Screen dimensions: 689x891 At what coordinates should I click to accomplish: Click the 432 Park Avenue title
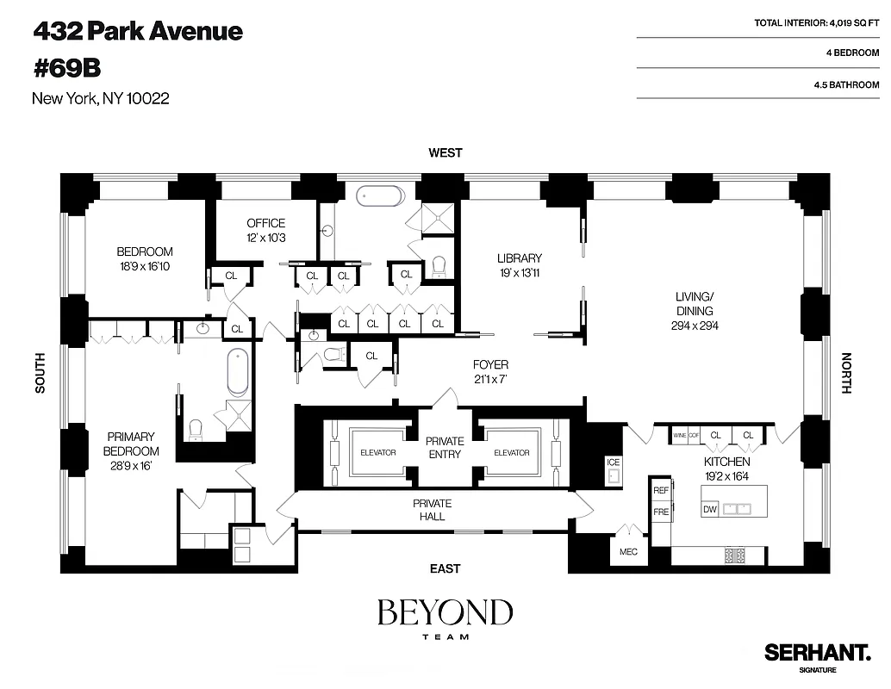138,32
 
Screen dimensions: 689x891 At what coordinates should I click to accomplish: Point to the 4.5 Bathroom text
846,85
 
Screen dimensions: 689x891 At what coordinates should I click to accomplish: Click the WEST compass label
445,152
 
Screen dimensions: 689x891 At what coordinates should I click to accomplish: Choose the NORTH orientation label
845,373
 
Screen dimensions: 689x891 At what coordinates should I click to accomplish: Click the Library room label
520,258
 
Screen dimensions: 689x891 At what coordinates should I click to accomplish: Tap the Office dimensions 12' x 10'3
265,238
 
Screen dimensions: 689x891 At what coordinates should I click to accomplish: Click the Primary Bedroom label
131,444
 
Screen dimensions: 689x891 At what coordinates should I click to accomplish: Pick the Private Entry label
445,447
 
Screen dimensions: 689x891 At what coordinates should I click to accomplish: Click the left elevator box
378,452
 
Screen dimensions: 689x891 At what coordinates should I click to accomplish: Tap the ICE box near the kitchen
613,462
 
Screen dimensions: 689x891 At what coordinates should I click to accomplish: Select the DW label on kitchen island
710,509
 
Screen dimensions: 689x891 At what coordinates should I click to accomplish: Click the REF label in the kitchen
661,490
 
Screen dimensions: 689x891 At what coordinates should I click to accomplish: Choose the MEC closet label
628,551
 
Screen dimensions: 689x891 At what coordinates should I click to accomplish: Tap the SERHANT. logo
817,652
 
